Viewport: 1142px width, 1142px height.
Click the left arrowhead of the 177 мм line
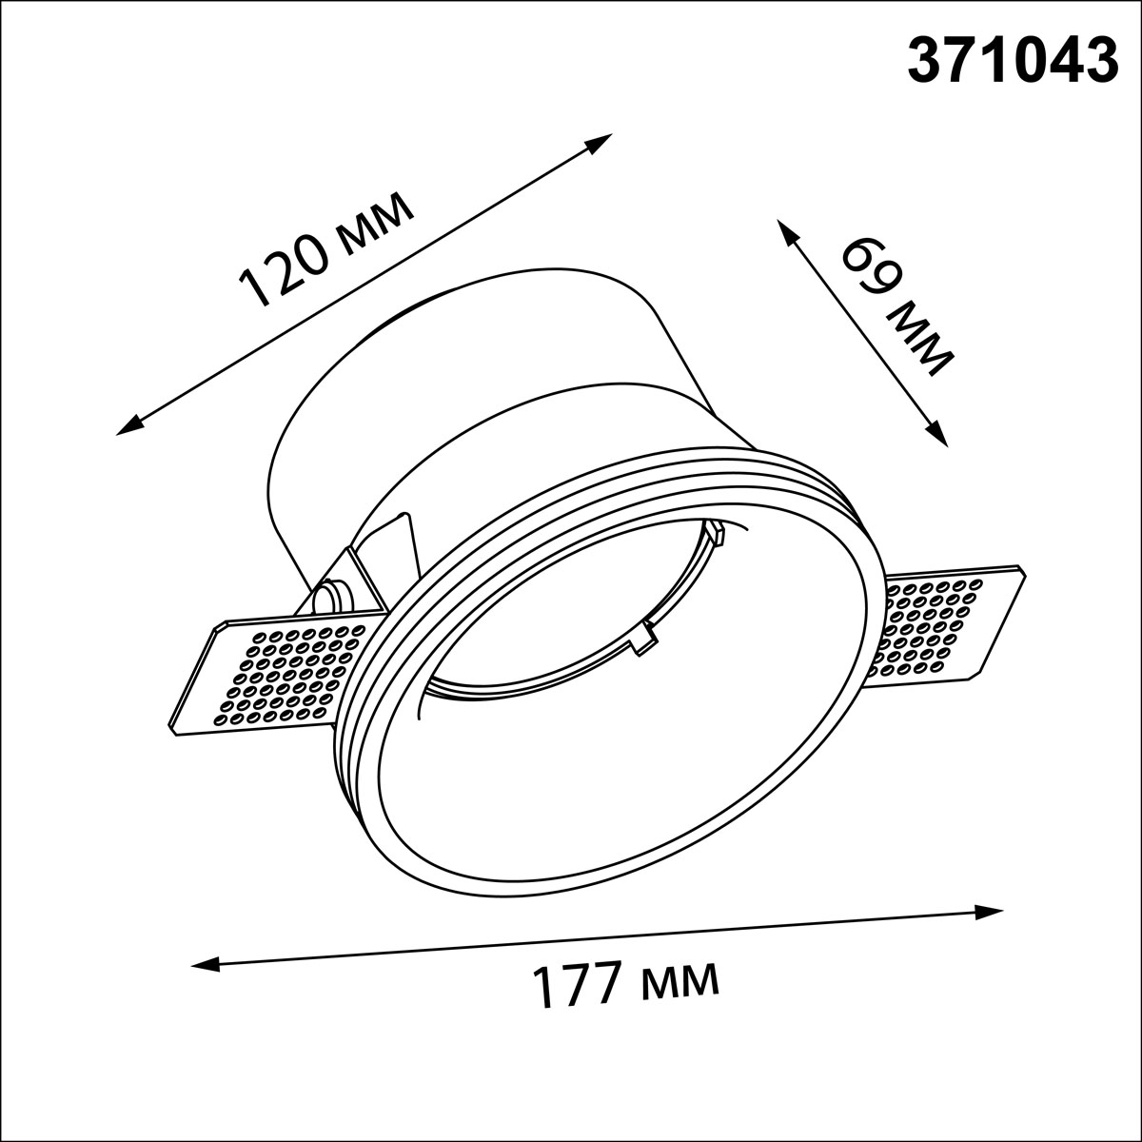click(205, 966)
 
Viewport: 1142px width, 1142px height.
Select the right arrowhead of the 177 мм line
click(989, 928)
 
